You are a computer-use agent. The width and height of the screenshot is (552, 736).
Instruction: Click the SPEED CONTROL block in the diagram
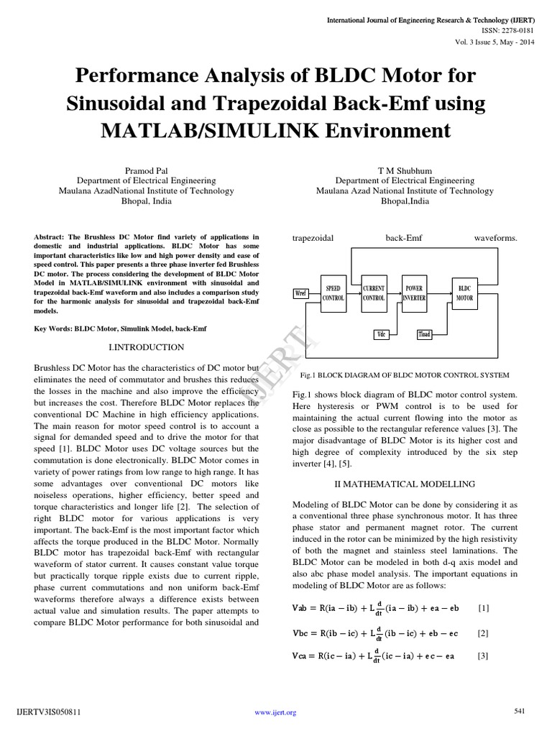(333, 293)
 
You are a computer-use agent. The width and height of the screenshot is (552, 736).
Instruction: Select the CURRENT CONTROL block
(374, 293)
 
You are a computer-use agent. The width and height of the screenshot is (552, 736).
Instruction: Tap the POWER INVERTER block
(415, 293)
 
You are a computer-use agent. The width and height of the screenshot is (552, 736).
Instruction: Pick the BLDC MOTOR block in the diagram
(464, 293)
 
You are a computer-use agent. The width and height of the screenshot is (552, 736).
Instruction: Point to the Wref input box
(300, 293)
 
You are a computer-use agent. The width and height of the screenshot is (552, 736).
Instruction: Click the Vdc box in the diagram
(382, 334)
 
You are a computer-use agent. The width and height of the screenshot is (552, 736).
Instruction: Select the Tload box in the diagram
(424, 334)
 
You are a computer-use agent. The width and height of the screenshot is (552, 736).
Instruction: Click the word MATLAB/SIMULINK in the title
(182, 130)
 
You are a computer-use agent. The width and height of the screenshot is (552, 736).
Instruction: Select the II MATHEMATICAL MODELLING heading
(405, 484)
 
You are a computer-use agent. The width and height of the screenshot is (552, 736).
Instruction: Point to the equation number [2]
(483, 632)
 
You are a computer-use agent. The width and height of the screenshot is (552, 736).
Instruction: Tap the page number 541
(520, 711)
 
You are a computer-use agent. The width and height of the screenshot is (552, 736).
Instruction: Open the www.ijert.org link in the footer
(276, 712)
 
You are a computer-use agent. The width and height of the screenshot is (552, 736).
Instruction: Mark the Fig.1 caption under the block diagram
(405, 375)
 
